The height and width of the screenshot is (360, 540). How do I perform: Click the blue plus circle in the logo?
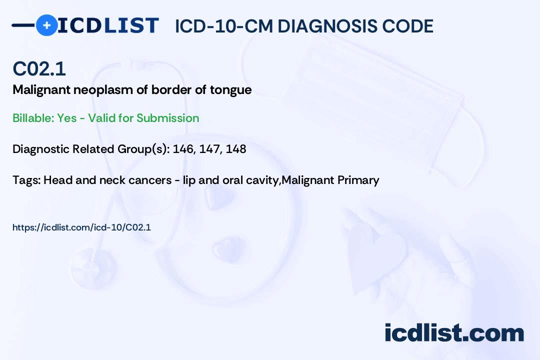46,25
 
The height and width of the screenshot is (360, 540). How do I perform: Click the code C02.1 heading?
39,68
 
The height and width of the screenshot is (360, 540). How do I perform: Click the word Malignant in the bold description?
41,90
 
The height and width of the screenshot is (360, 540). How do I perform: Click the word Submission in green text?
167,118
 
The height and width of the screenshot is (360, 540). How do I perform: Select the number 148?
236,149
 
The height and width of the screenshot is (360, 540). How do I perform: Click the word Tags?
26,180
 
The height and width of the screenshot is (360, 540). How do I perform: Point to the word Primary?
358,180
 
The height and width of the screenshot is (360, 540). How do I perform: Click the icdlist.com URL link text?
81,227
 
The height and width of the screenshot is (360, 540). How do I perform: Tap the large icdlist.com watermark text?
454,332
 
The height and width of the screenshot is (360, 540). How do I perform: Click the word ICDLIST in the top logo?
108,25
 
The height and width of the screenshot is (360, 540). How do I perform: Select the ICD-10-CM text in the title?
224,26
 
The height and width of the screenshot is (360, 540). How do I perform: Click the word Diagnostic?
41,149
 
